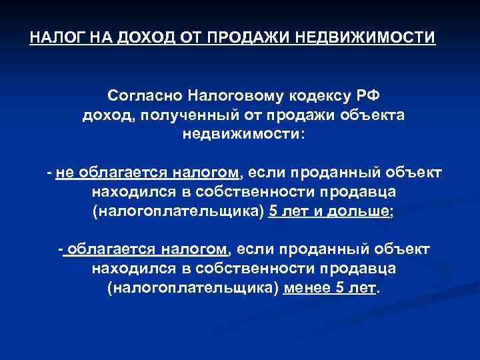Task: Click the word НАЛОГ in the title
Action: click(51, 36)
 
